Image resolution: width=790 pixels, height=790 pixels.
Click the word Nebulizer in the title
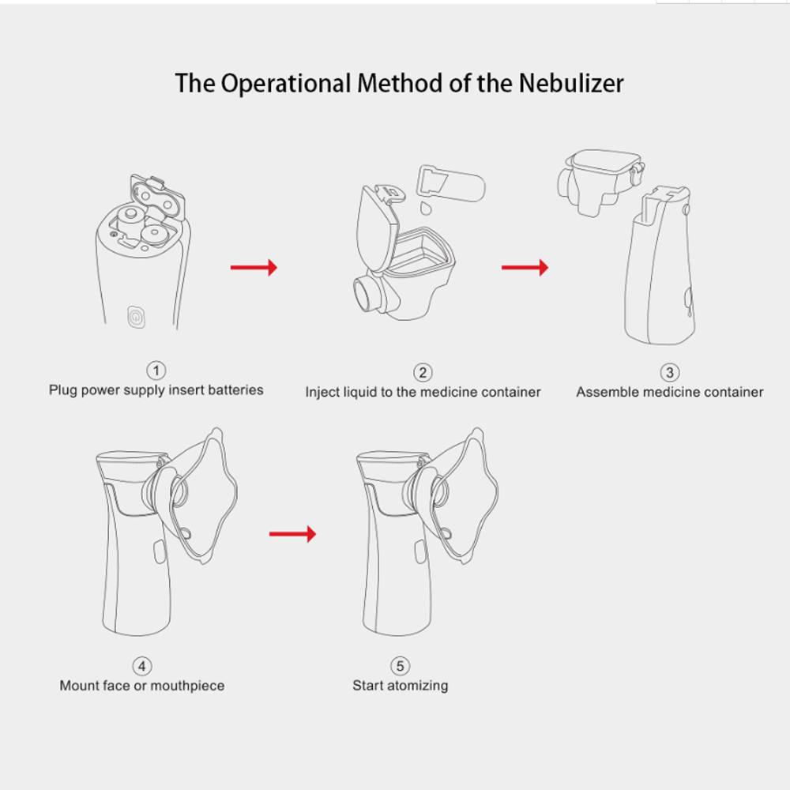click(x=571, y=83)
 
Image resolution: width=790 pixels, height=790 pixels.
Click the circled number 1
click(x=156, y=371)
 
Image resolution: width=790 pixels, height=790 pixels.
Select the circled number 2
click(x=423, y=372)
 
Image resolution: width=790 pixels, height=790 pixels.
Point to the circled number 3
click(x=670, y=372)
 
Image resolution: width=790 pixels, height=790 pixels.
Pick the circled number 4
click(x=142, y=666)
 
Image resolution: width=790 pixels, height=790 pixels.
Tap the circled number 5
click(x=400, y=666)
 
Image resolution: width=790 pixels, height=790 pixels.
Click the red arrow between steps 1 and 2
click(x=254, y=268)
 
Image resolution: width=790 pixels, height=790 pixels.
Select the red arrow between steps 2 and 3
click(x=525, y=268)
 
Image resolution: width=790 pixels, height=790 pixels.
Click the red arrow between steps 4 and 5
click(x=292, y=534)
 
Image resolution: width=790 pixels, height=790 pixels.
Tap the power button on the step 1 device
click(x=136, y=317)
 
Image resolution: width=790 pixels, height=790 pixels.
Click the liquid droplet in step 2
click(x=427, y=208)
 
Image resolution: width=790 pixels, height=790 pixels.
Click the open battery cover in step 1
click(x=157, y=198)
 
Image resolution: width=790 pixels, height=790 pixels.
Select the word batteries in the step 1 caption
click(x=235, y=389)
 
